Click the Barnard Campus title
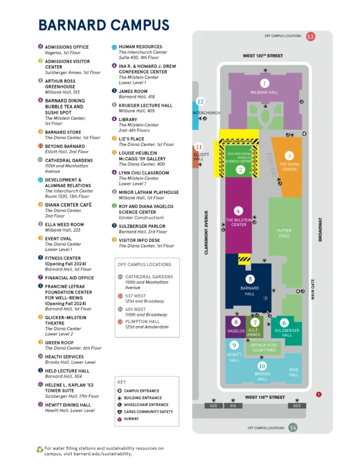coord(104,25)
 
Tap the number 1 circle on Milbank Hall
coord(264,83)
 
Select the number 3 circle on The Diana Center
coord(289,156)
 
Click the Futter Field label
coord(284,233)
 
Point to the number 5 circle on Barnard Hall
coord(250,279)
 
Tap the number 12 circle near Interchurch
coord(200,101)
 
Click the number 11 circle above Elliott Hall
coord(198,147)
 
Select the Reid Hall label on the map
coord(293,372)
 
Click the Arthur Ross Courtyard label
coord(263,347)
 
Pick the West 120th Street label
coord(262,56)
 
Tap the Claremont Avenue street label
coord(206,233)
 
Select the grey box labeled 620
coord(214,406)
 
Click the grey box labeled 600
coord(297,406)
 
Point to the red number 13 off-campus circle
coord(310,36)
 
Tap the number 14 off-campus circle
coord(292,427)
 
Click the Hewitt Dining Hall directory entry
coord(67,405)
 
